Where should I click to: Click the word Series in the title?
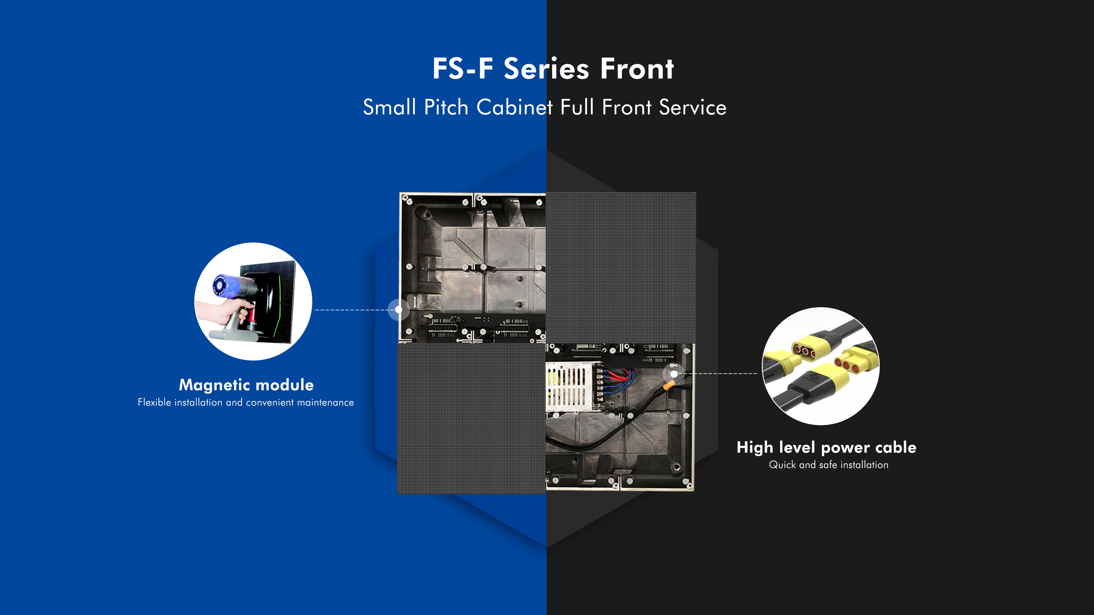tap(547, 68)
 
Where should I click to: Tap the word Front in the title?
tap(637, 68)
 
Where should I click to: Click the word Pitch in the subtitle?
tap(446, 107)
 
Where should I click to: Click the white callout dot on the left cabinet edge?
tap(398, 309)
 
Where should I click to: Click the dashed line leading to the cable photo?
tap(718, 374)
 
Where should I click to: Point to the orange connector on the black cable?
tap(668, 386)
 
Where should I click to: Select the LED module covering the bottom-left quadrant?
tap(472, 418)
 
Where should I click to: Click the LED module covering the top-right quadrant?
tap(621, 268)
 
